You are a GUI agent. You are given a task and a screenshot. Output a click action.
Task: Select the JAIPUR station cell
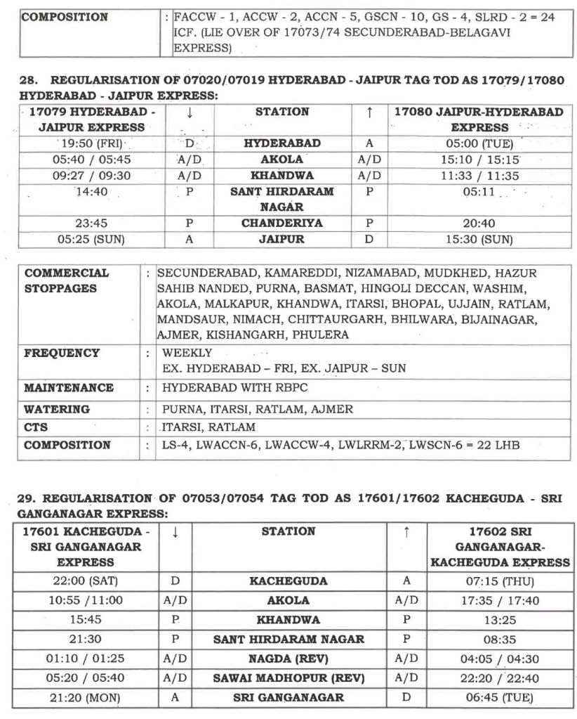click(282, 239)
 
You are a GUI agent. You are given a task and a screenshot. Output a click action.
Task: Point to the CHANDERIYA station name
click(282, 224)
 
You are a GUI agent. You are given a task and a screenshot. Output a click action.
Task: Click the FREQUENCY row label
click(62, 353)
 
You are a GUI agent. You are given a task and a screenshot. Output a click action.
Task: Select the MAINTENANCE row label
click(69, 388)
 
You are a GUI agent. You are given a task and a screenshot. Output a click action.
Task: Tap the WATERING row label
click(57, 409)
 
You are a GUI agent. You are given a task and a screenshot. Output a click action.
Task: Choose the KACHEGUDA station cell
click(288, 582)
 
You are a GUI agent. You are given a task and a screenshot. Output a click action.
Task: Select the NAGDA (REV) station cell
click(288, 659)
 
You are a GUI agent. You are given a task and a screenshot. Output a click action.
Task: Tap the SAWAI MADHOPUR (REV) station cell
click(288, 678)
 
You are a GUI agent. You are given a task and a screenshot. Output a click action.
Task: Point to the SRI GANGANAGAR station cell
click(288, 697)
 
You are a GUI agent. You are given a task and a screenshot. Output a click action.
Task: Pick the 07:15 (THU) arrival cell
click(499, 582)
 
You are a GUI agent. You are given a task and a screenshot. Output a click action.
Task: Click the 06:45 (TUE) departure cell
click(499, 697)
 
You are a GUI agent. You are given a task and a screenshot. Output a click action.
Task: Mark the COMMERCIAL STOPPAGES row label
click(67, 280)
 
